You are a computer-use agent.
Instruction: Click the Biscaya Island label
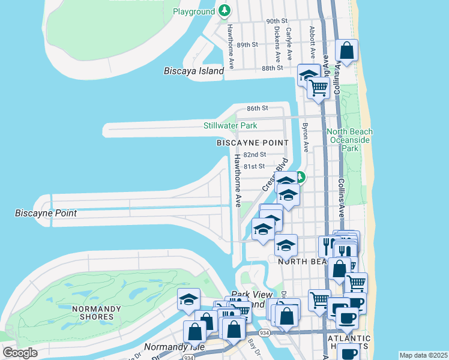(x=193, y=71)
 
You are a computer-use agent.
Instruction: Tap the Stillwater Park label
(x=230, y=125)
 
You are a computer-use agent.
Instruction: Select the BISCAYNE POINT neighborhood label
(x=253, y=143)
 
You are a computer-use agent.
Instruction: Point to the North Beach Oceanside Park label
(x=349, y=140)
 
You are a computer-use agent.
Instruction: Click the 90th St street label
(x=277, y=21)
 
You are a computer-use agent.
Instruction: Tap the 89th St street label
(x=247, y=45)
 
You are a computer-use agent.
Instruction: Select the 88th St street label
(x=272, y=68)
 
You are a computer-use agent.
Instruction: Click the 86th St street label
(x=256, y=109)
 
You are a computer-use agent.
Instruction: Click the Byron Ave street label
(x=306, y=137)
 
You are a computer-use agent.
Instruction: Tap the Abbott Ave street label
(x=312, y=38)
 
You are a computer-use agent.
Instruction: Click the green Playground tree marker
(x=224, y=10)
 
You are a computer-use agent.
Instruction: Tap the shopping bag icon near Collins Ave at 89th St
(x=347, y=50)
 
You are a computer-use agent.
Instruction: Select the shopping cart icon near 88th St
(x=318, y=88)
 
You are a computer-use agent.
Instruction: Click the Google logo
(x=20, y=353)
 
